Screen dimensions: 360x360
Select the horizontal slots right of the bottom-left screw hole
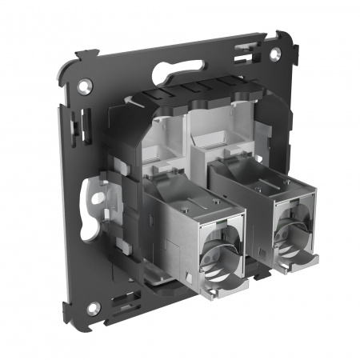(121, 303)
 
